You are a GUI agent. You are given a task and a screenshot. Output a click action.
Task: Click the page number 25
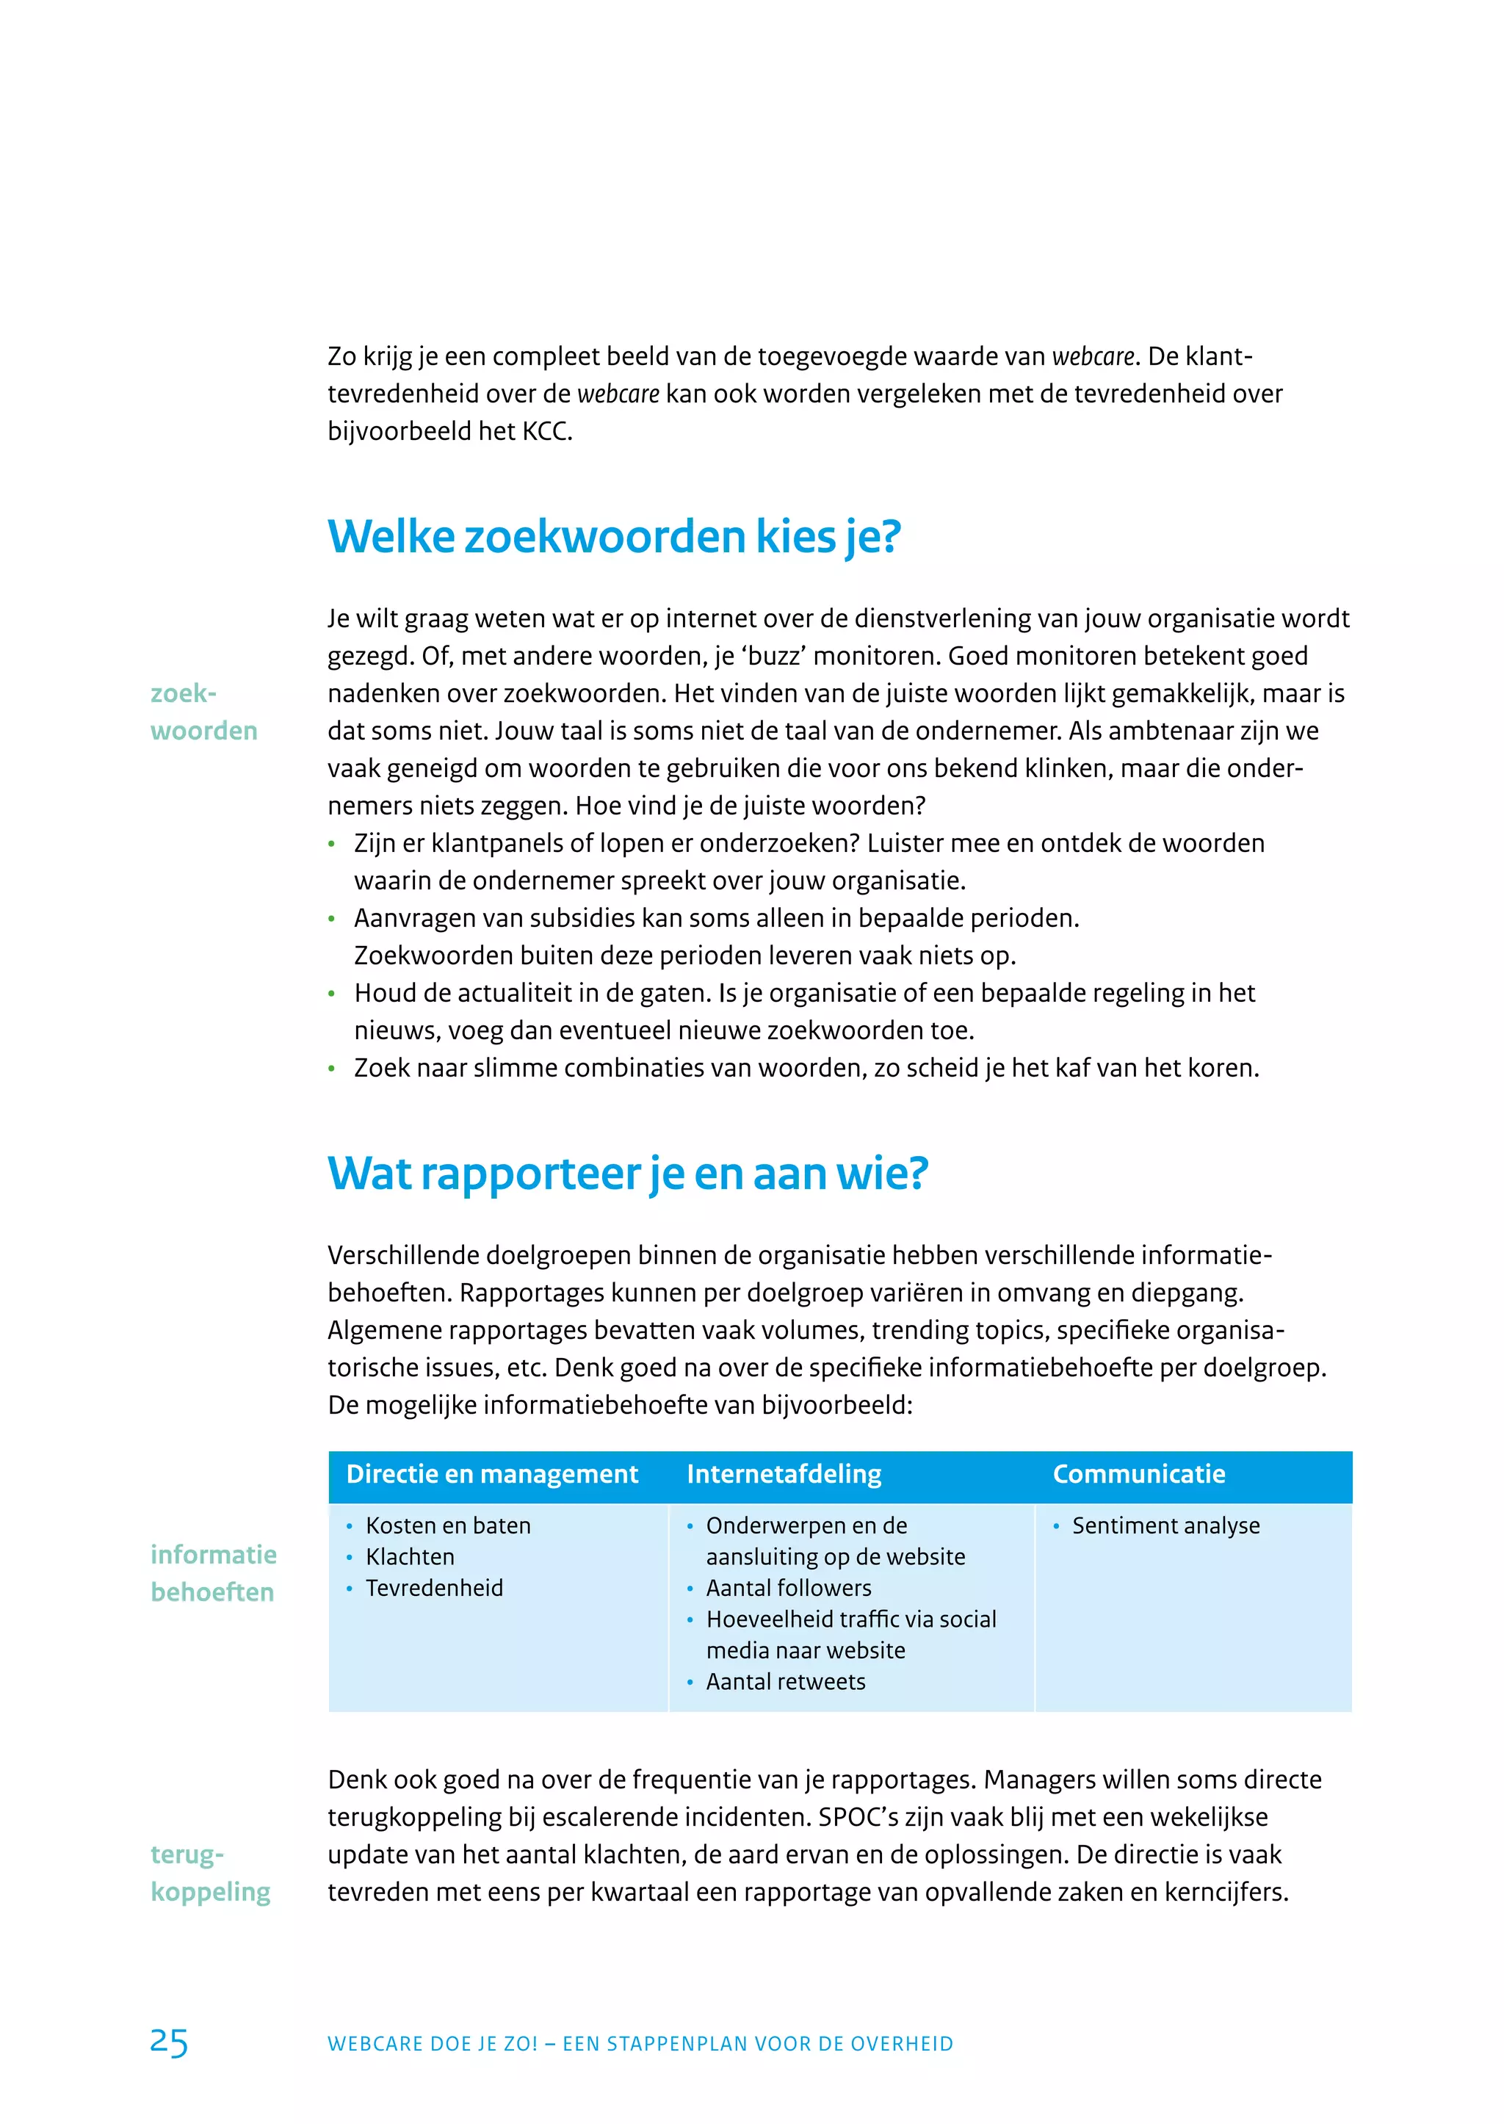169,2042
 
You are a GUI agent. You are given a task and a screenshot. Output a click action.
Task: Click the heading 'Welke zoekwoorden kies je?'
614,538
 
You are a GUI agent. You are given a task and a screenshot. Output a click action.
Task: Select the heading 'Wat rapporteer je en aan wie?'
628,1174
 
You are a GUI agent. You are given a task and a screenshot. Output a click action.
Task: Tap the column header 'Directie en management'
492,1474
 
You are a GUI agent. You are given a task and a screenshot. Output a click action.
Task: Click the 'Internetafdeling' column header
784,1474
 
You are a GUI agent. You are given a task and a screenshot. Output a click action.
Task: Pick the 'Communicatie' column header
1138,1474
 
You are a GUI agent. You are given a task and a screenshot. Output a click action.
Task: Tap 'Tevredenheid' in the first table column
434,1589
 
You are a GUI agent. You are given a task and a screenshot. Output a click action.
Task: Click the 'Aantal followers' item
788,1589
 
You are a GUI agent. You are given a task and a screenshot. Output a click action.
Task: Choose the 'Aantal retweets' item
785,1682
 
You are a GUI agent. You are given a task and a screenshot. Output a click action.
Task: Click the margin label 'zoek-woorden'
203,712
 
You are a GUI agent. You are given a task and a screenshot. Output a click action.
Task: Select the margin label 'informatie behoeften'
213,1574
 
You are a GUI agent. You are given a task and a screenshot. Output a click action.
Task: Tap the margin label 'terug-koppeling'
210,1873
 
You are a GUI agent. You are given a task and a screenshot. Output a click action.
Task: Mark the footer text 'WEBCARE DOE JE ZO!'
433,2045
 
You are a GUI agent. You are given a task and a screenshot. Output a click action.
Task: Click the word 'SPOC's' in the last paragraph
858,1818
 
